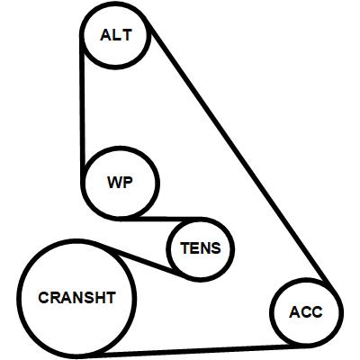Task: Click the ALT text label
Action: pyautogui.click(x=116, y=35)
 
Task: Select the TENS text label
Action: pyautogui.click(x=201, y=248)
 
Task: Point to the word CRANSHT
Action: pyautogui.click(x=77, y=298)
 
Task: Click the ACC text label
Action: pyautogui.click(x=306, y=312)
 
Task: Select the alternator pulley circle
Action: pyautogui.click(x=83, y=35)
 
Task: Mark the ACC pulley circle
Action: pyautogui.click(x=272, y=312)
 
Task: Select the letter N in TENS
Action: pyautogui.click(x=204, y=248)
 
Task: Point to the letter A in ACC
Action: pyautogui.click(x=294, y=312)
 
